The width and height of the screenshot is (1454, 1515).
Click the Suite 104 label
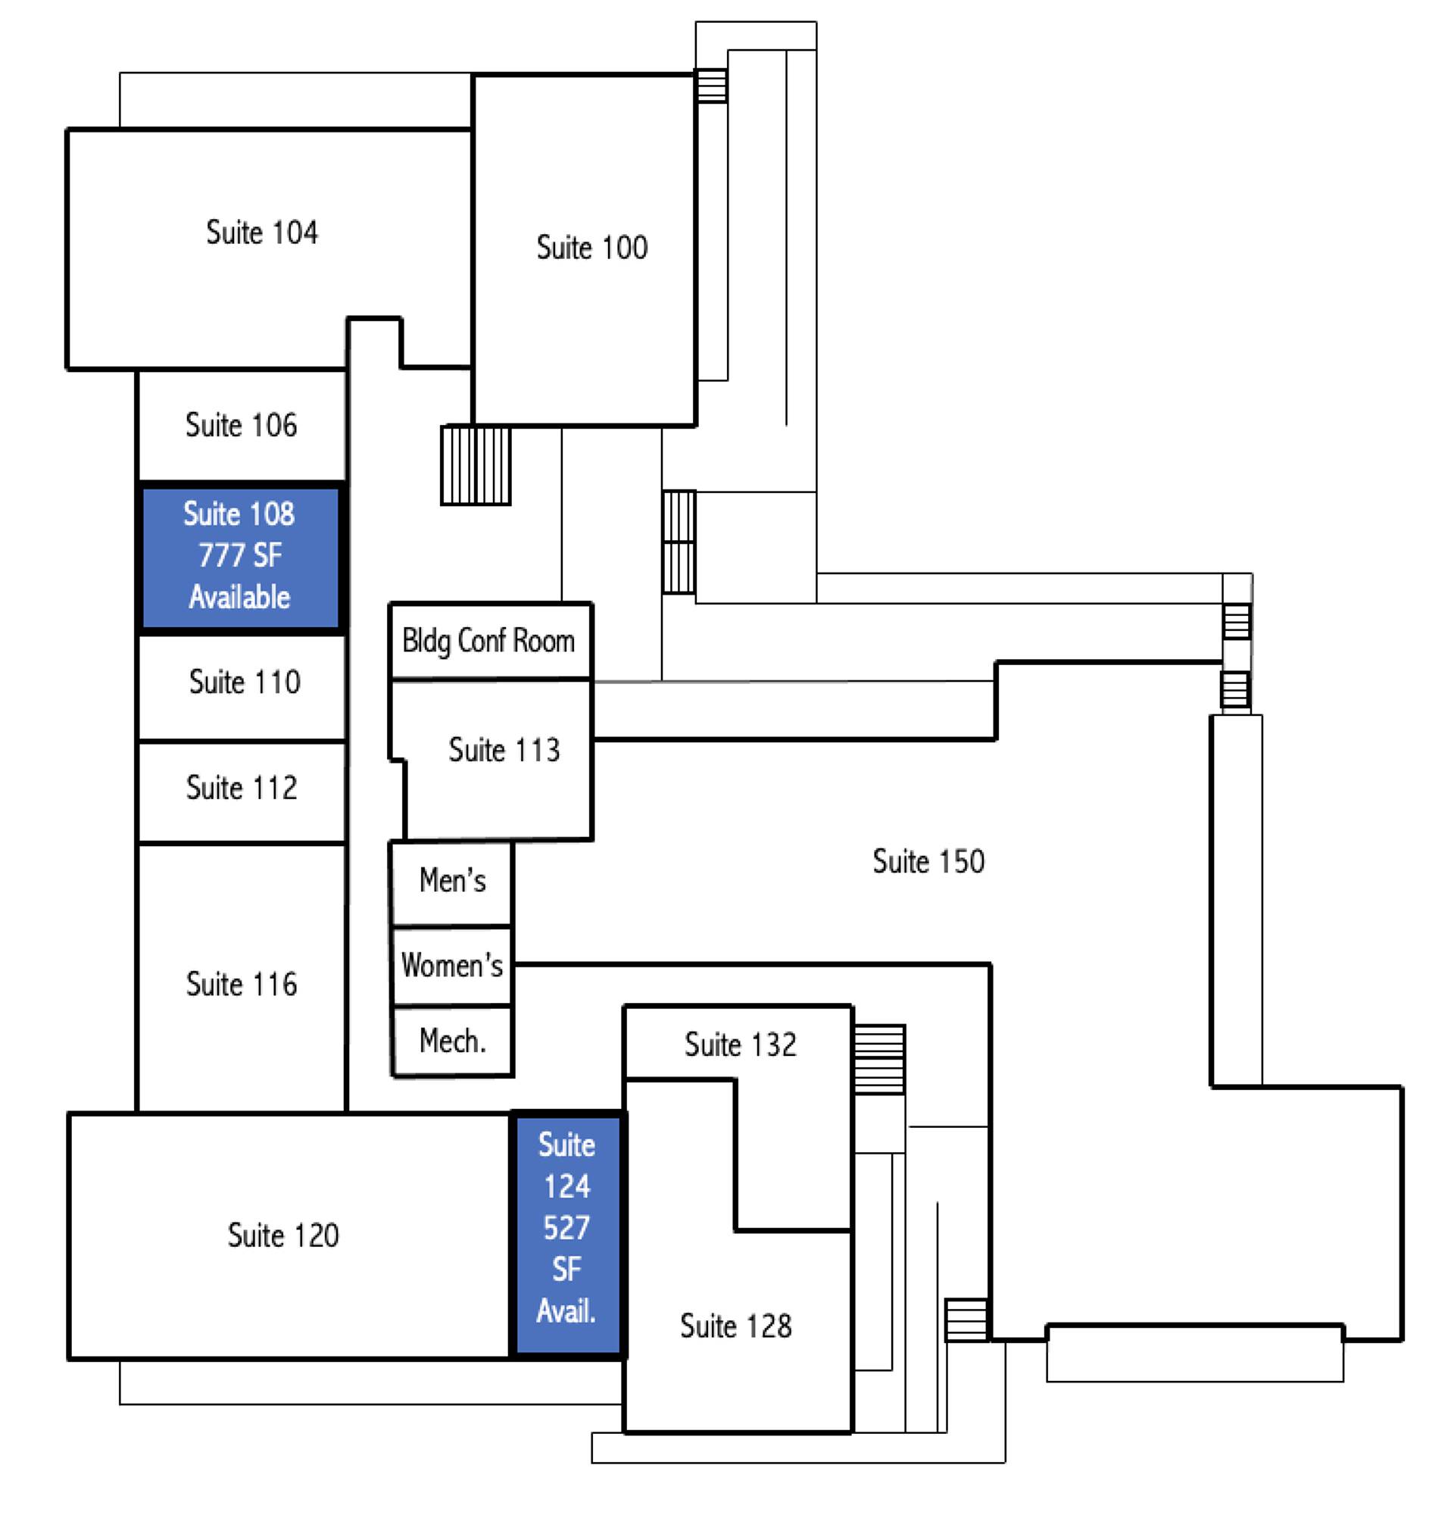click(x=261, y=232)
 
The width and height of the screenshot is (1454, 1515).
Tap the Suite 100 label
click(x=591, y=248)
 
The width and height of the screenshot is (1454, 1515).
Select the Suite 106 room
click(x=241, y=425)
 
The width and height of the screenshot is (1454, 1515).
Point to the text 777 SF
click(x=240, y=555)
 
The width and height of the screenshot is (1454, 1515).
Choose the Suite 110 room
click(x=244, y=682)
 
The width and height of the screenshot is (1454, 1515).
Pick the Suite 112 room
click(x=241, y=788)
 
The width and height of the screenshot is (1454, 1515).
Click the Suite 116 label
click(x=241, y=984)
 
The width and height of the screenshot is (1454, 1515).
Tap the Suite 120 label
click(x=282, y=1235)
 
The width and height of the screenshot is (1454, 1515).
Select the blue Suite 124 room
click(x=567, y=1237)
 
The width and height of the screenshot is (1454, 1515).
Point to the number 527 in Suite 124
click(x=567, y=1227)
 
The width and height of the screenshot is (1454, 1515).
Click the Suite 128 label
click(x=735, y=1326)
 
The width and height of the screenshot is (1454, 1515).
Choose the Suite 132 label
click(x=739, y=1045)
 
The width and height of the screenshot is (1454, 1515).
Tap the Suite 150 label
click(x=928, y=861)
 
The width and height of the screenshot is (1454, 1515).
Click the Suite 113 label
click(x=504, y=750)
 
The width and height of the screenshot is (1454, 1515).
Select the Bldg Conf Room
click(x=489, y=641)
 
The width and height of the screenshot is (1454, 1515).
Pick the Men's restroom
click(x=452, y=880)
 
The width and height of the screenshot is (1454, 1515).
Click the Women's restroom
click(x=452, y=964)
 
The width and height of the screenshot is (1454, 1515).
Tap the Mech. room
click(x=452, y=1041)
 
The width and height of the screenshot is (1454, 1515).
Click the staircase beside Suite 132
click(x=879, y=1059)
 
